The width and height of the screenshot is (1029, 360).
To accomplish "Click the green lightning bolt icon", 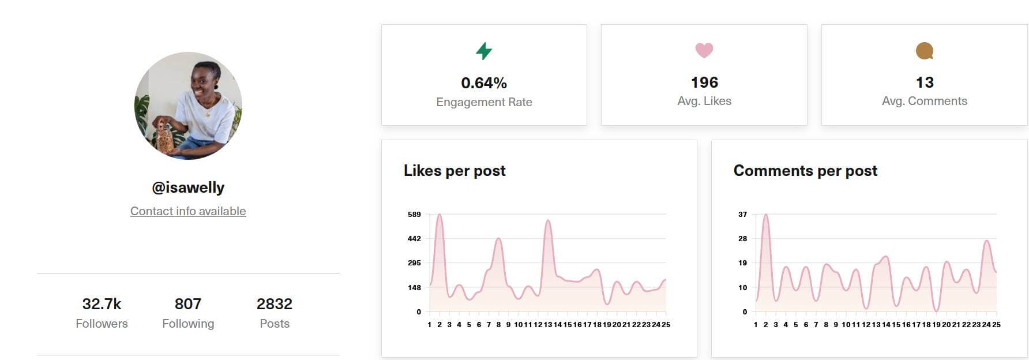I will click(x=484, y=51).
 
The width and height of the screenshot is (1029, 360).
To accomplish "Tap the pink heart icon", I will click(x=704, y=50).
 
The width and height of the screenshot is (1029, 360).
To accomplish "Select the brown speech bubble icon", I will click(x=925, y=51).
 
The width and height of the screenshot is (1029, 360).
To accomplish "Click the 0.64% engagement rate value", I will click(x=484, y=83).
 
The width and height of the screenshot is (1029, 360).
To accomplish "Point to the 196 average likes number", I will click(x=704, y=82).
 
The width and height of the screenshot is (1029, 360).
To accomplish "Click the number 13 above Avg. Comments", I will click(x=925, y=82).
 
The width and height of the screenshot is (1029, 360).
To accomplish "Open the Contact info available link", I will click(x=188, y=211).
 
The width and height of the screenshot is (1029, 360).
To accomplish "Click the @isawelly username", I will click(x=188, y=187).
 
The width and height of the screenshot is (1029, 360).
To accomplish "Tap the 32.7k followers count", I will click(x=102, y=304).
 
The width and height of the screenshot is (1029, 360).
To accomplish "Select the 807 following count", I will click(x=188, y=304).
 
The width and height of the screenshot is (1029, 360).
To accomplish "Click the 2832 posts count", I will click(x=275, y=304).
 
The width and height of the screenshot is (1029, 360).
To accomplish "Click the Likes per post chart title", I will click(x=455, y=171).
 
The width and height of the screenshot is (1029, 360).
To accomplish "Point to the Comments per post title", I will click(x=805, y=171).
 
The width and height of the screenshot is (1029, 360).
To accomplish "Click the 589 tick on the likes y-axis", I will click(x=414, y=215).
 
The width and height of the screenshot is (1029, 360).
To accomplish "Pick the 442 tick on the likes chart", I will click(x=414, y=239).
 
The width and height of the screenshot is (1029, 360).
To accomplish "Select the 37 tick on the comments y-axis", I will click(x=742, y=215).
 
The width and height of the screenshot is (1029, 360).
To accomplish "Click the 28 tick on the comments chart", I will click(x=742, y=239).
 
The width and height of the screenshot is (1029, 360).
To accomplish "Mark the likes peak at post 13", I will click(x=548, y=221).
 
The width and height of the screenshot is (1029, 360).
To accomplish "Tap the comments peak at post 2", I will click(x=765, y=215).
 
